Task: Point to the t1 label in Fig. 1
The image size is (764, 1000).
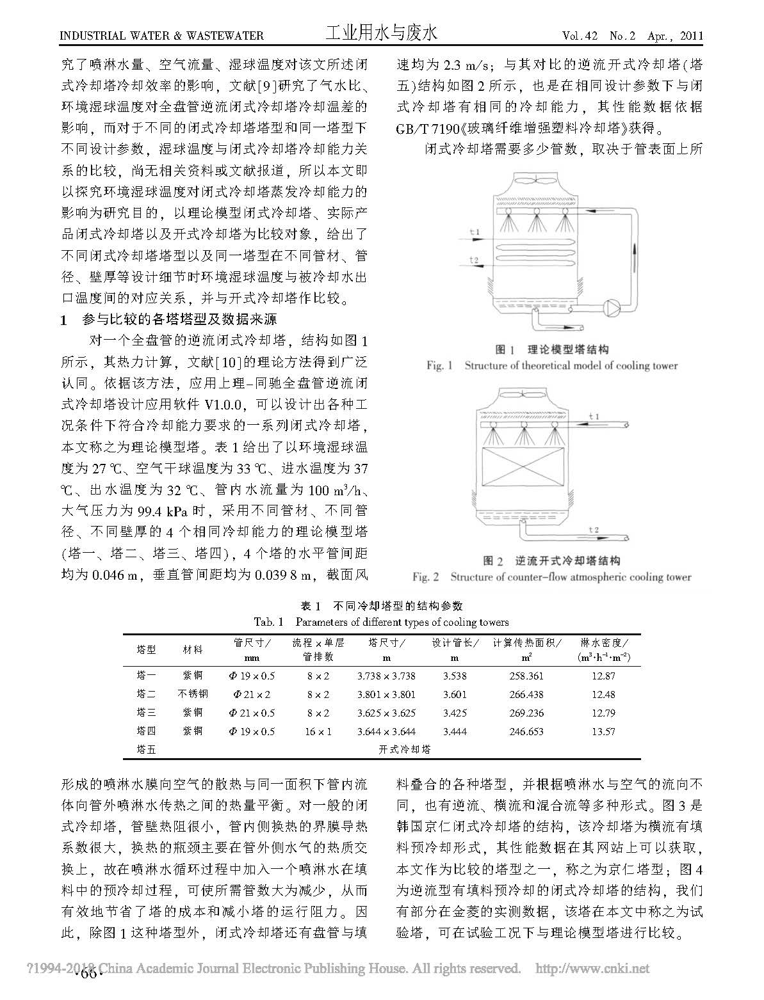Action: pyautogui.click(x=473, y=231)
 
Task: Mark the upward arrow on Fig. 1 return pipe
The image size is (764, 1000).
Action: pyautogui.click(x=635, y=256)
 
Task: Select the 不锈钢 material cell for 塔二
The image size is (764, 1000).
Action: pyautogui.click(x=192, y=694)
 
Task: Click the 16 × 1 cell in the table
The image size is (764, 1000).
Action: pyautogui.click(x=318, y=731)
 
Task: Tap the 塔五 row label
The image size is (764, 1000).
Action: pyautogui.click(x=147, y=749)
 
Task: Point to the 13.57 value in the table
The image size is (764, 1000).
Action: pyautogui.click(x=603, y=731)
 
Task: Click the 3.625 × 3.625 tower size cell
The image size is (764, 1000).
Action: pyautogui.click(x=386, y=713)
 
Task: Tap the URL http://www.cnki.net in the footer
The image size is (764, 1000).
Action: pyautogui.click(x=592, y=969)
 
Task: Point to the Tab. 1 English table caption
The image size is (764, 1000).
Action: pyautogui.click(x=382, y=621)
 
